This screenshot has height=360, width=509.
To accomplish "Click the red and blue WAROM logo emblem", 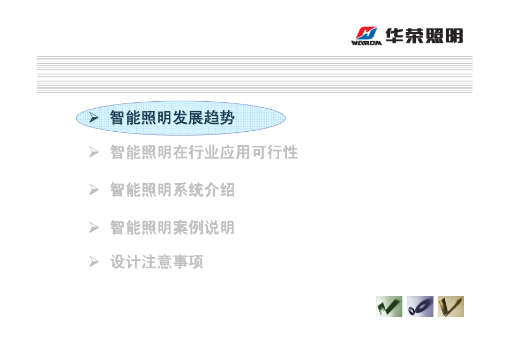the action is click(x=367, y=33).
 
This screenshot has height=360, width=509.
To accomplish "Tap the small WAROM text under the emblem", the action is click(x=366, y=42).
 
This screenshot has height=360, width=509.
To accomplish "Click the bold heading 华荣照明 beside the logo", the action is click(x=424, y=35).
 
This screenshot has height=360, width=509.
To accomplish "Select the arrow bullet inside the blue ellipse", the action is click(x=94, y=117).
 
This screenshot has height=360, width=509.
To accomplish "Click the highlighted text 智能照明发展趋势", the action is click(x=172, y=117).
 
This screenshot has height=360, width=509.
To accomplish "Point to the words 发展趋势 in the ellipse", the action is click(x=203, y=117).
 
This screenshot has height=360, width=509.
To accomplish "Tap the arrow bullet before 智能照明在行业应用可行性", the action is click(x=94, y=152).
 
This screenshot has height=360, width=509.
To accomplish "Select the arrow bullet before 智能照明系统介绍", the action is click(x=94, y=190).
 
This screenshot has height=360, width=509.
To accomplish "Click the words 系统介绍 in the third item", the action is click(x=203, y=190).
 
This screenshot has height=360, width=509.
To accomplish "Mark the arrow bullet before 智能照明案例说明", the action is click(x=94, y=227).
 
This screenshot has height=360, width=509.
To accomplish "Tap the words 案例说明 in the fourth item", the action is click(x=203, y=227).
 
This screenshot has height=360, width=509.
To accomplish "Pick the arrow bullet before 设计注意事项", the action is click(x=94, y=261).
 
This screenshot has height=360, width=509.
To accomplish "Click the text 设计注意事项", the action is click(x=156, y=261).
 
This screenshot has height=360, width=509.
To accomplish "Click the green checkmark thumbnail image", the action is click(x=389, y=306).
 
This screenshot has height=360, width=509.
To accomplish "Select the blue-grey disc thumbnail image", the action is click(x=420, y=306).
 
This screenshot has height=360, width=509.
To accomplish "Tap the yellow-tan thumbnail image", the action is click(x=451, y=306).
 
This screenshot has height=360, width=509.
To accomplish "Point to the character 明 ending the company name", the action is click(x=454, y=35).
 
